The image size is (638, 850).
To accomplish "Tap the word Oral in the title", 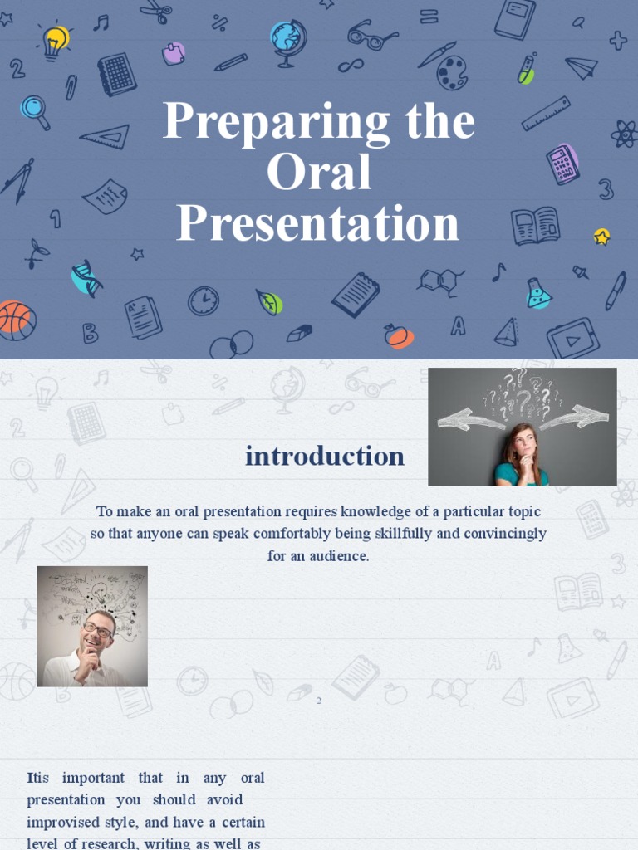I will pyautogui.click(x=318, y=172).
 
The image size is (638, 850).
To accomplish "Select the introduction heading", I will pyautogui.click(x=324, y=456).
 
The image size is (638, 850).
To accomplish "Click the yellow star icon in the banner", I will pyautogui.click(x=602, y=237).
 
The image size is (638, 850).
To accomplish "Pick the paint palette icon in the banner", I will pyautogui.click(x=453, y=73).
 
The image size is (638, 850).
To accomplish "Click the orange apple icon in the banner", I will pyautogui.click(x=397, y=335).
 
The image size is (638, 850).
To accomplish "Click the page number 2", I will pyautogui.click(x=318, y=701).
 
